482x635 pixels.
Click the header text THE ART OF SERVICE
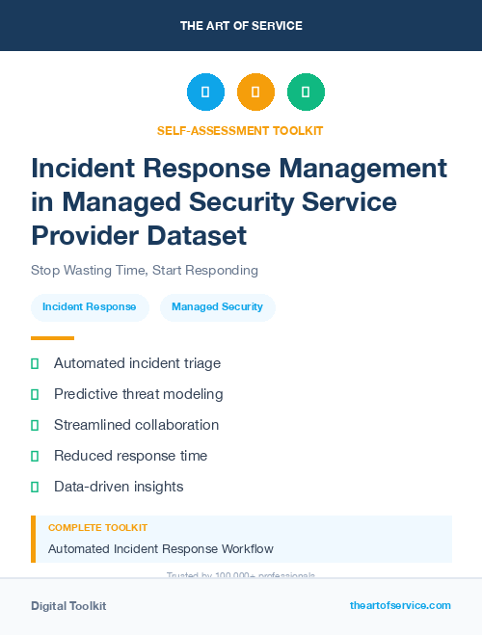coord(241,26)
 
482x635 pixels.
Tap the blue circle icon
coord(205,93)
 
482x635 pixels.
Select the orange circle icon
coord(255,93)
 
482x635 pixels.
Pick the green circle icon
coord(306,93)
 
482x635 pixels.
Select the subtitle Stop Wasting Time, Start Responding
coord(145,270)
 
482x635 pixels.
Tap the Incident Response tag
coord(90,307)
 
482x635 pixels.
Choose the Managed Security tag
coord(217,307)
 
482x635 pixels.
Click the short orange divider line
coord(52,338)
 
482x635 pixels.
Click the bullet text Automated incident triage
coord(137,363)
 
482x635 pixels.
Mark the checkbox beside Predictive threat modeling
coord(35,394)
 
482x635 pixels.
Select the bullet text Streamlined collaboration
coord(136,425)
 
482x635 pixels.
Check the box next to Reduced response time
coord(35,456)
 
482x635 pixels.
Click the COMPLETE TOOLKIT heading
coord(97,528)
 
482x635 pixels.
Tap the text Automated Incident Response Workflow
coord(161,549)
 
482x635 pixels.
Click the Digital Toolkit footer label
coord(68,606)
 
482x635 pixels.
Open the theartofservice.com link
coord(400,605)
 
